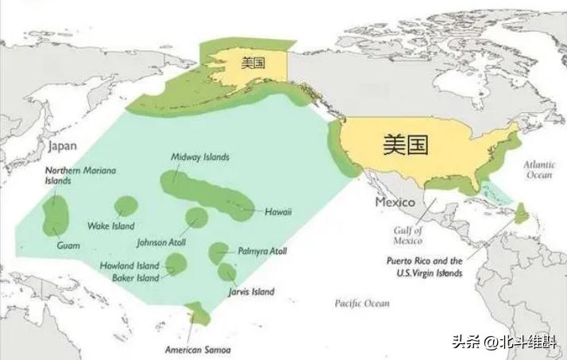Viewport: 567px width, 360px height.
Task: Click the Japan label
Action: coord(62,146)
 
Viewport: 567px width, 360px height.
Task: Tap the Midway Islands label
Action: coord(200,157)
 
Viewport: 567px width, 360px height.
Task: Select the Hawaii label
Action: coord(279,211)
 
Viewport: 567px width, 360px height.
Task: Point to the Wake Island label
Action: coord(110,226)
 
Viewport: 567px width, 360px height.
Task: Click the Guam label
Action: coord(68,246)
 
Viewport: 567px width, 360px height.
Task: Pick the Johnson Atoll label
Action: coord(161,242)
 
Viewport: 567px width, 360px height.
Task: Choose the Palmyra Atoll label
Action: coord(262,251)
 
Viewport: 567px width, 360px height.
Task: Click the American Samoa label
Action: coord(198,350)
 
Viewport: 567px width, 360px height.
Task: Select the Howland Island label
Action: coord(129,265)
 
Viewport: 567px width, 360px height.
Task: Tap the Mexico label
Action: coord(395,203)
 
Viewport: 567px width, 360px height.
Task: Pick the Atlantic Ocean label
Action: coord(539,169)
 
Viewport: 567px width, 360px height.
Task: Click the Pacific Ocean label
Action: coord(362,303)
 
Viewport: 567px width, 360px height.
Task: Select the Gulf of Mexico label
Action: coord(407,235)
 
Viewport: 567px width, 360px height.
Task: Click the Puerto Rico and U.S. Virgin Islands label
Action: coord(424,266)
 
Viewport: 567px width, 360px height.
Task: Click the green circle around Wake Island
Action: coord(125,207)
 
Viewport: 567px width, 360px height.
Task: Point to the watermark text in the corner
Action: coord(503,343)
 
